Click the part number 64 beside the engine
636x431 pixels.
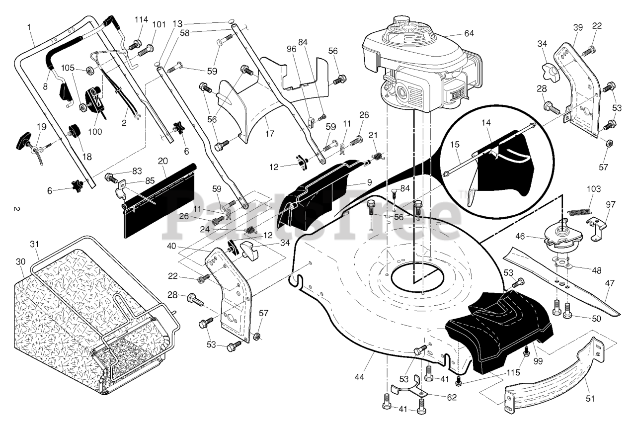point(469,33)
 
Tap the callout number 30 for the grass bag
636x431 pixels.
point(21,261)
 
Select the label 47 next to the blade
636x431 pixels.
point(610,283)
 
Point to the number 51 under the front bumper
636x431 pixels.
point(590,399)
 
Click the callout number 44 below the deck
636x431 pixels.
point(359,377)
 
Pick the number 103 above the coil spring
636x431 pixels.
point(593,189)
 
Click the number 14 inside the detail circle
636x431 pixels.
point(486,123)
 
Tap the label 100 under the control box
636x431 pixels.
point(95,132)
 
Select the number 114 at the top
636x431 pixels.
point(141,19)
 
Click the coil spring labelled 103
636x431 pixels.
point(579,212)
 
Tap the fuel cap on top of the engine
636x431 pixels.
point(401,21)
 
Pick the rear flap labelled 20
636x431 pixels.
point(159,201)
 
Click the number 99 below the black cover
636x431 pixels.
point(538,361)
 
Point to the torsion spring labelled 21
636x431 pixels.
point(378,156)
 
